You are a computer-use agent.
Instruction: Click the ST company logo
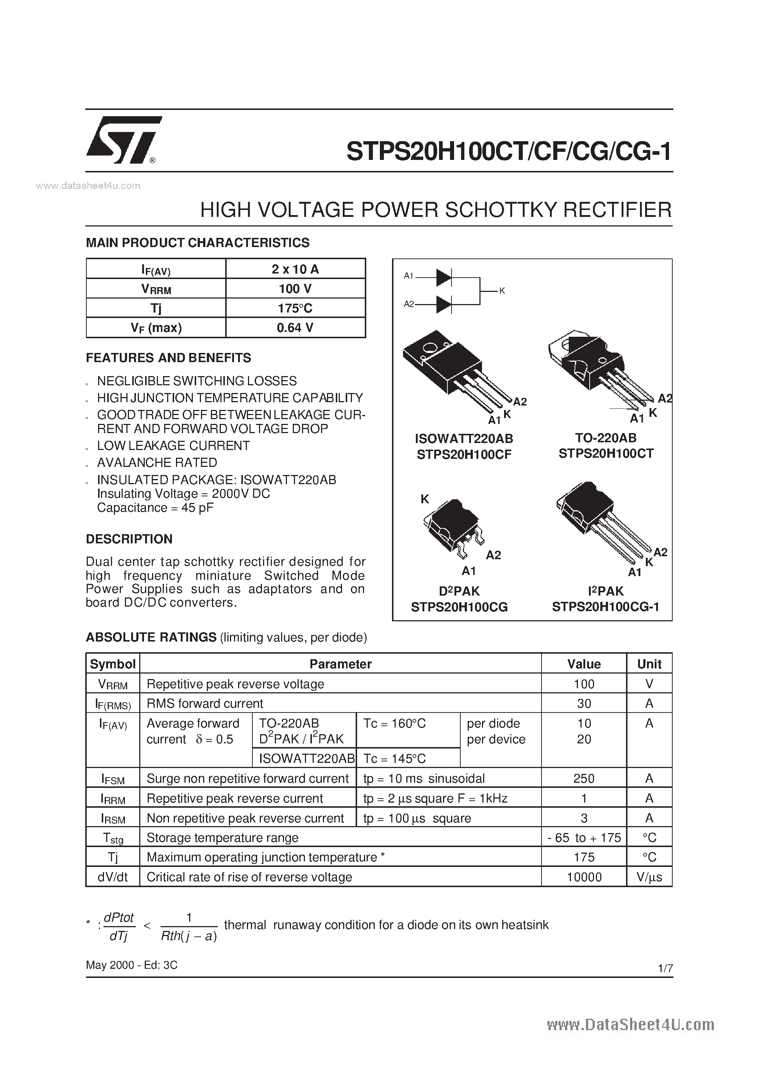pyautogui.click(x=123, y=140)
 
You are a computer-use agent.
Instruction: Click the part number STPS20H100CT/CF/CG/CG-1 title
pyautogui.click(x=509, y=152)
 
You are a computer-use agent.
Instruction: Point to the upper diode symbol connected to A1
pyautogui.click(x=443, y=277)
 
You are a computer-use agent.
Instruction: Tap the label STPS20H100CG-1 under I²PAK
pyautogui.click(x=605, y=607)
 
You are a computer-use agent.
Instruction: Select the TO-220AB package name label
pyautogui.click(x=605, y=438)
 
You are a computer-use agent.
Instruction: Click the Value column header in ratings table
pyautogui.click(x=583, y=664)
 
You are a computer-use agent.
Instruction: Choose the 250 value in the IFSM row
pyautogui.click(x=583, y=779)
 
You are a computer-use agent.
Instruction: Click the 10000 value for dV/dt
pyautogui.click(x=583, y=877)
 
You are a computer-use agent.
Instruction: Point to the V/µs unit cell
pyautogui.click(x=649, y=877)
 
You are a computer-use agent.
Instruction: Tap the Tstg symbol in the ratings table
pyautogui.click(x=113, y=838)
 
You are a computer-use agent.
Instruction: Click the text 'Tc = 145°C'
pyautogui.click(x=395, y=758)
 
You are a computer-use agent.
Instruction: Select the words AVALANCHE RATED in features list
pyautogui.click(x=157, y=463)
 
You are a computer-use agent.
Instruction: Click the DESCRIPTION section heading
pyautogui.click(x=129, y=539)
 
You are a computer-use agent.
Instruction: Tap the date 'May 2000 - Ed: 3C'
pyautogui.click(x=132, y=965)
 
